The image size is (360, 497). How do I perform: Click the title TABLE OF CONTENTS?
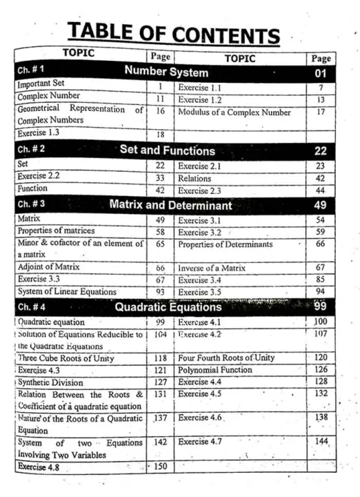pos(173,32)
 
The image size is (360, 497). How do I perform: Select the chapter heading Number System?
pos(166,71)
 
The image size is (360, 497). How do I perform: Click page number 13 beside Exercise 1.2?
pos(320,99)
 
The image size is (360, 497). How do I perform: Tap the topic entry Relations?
pos(194,178)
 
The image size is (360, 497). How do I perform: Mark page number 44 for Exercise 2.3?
pos(320,190)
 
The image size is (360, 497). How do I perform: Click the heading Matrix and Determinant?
pos(170,205)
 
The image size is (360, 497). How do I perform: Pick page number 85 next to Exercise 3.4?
pos(320,280)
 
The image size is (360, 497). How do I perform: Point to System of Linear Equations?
pos(67,292)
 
